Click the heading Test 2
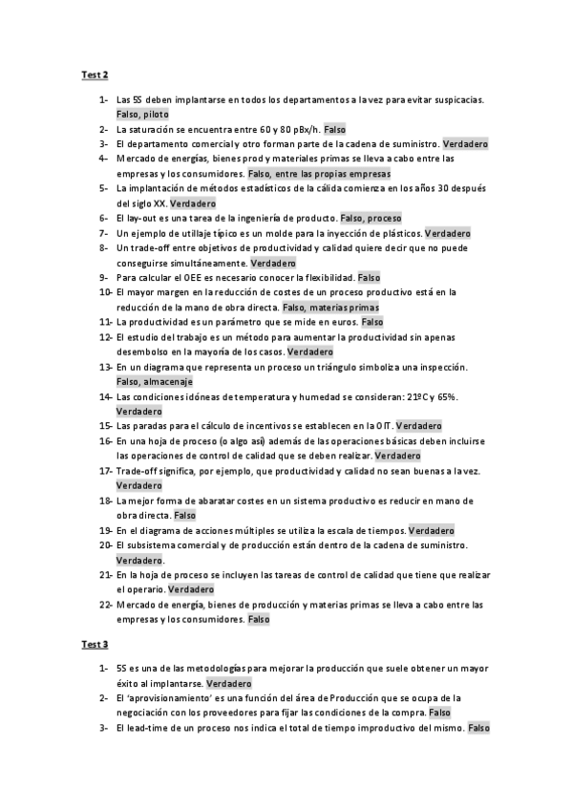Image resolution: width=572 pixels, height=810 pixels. coord(95,75)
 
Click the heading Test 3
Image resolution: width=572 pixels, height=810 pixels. coord(95,645)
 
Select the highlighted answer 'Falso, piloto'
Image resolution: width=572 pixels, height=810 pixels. coord(142,114)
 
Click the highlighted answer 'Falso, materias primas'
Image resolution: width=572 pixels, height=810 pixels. coord(330,308)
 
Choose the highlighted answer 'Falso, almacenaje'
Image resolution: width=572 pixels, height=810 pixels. coord(154,382)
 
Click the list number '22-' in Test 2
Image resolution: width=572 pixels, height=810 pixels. coord(105,605)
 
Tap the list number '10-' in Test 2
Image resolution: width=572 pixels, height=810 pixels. coord(105,292)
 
